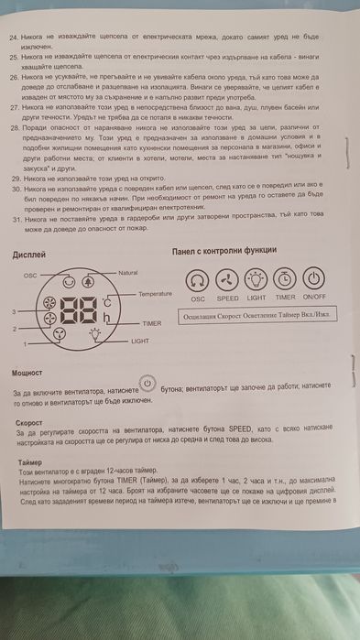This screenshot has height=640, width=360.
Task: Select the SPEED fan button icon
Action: coord(227,280)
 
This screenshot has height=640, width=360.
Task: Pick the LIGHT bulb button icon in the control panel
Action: coord(256,280)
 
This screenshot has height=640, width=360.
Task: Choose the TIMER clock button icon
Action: coord(285,280)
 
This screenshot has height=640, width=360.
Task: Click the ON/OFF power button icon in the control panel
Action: coord(314,280)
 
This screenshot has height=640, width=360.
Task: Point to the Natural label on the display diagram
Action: coord(129,273)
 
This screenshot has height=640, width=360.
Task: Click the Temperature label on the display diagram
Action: coord(155,294)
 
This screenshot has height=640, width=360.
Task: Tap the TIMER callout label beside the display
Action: coord(151,324)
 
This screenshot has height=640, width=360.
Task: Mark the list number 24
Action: coord(16,40)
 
